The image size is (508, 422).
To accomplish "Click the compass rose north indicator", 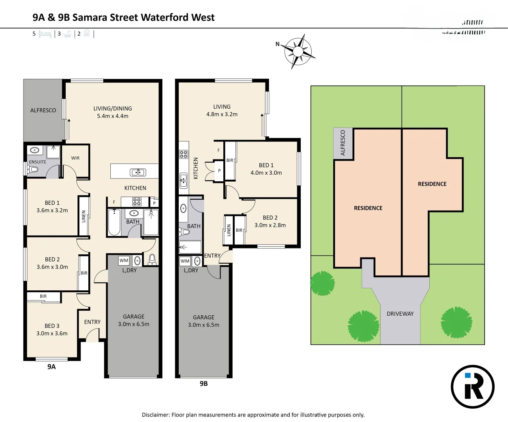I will [278, 44].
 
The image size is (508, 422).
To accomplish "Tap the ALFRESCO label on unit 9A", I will [43, 111].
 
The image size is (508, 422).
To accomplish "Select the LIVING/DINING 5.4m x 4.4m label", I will [113, 112].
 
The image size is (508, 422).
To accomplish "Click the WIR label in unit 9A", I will [75, 158].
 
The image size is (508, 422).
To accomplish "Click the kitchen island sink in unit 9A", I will [138, 172].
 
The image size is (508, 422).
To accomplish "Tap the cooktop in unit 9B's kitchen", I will [183, 154].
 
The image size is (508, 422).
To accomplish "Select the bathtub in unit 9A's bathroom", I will [114, 223].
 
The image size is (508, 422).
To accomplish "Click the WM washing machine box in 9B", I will [185, 261].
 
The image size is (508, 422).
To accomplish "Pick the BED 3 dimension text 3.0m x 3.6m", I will [52, 333].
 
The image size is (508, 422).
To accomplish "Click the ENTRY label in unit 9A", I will [92, 322].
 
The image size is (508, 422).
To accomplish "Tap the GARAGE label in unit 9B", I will [203, 317].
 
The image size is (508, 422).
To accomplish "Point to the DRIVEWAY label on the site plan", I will [400, 314].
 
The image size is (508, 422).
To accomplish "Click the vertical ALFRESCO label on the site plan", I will [343, 143].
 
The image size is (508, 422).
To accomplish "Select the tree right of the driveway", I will [456, 322].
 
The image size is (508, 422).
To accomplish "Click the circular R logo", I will [472, 387].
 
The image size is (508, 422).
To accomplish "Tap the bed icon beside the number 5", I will [45, 34].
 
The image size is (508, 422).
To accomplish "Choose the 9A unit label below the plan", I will [52, 367].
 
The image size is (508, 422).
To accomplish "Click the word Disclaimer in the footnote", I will [156, 415].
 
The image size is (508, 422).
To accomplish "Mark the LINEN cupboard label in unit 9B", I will [229, 231].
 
